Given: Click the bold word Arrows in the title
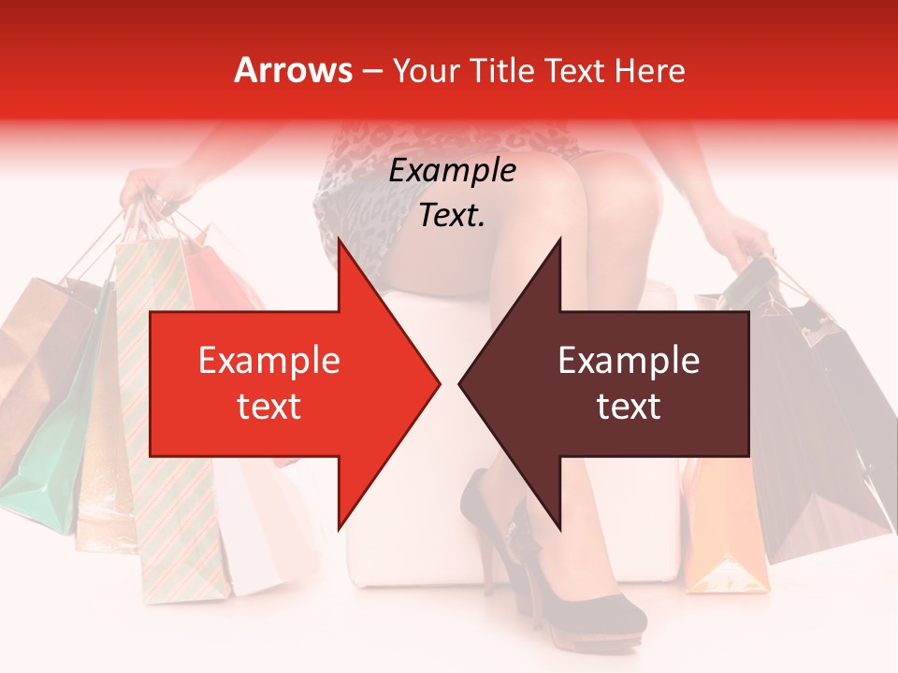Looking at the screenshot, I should [293, 70].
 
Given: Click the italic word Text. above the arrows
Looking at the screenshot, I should [452, 216].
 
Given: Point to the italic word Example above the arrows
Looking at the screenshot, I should [452, 171].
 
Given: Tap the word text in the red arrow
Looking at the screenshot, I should [268, 407].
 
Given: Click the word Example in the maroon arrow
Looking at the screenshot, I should [629, 361].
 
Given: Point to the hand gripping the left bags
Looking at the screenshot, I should [154, 187].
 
